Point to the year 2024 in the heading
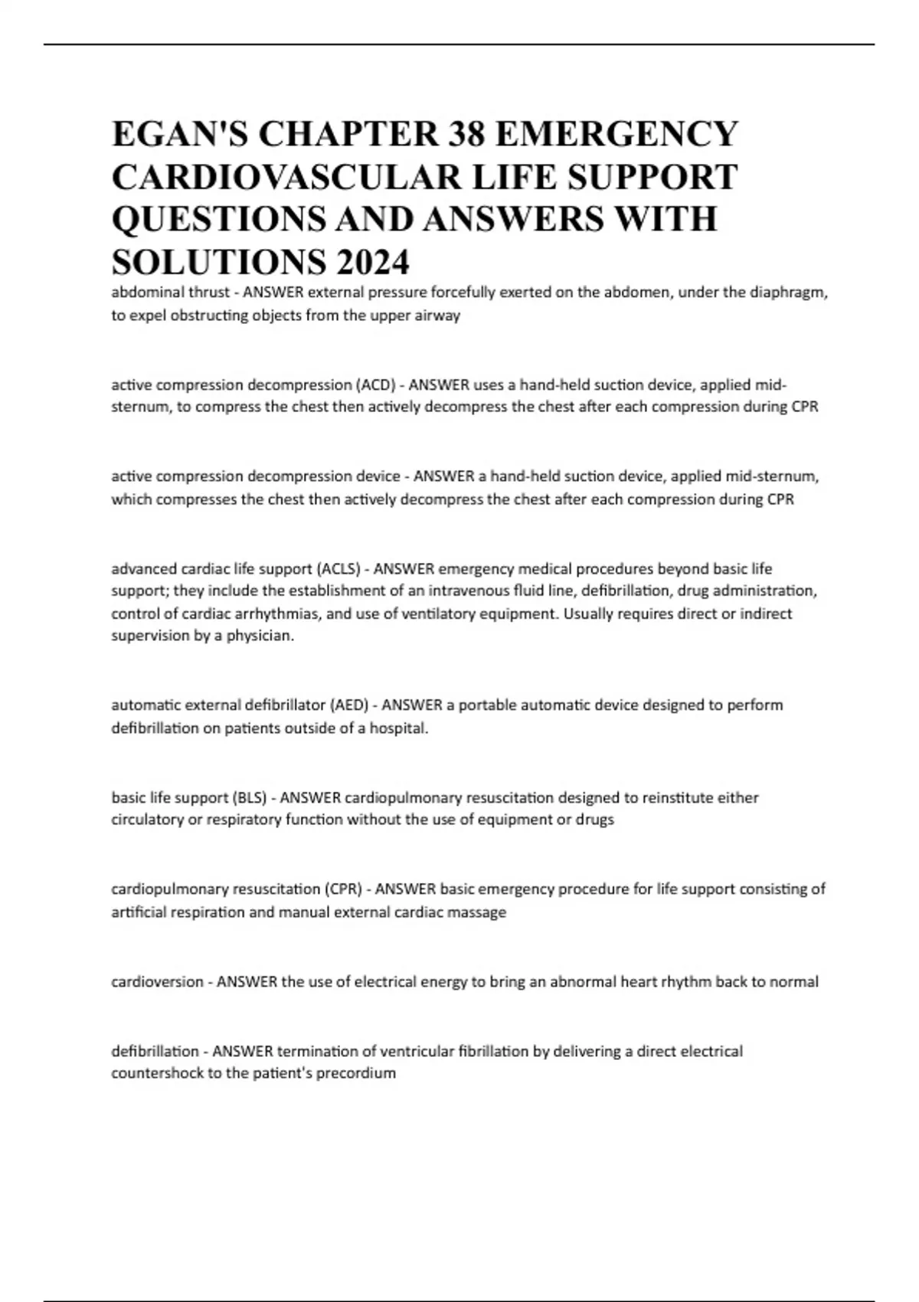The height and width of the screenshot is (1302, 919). (x=372, y=263)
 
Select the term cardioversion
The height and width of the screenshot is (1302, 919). (x=157, y=981)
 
